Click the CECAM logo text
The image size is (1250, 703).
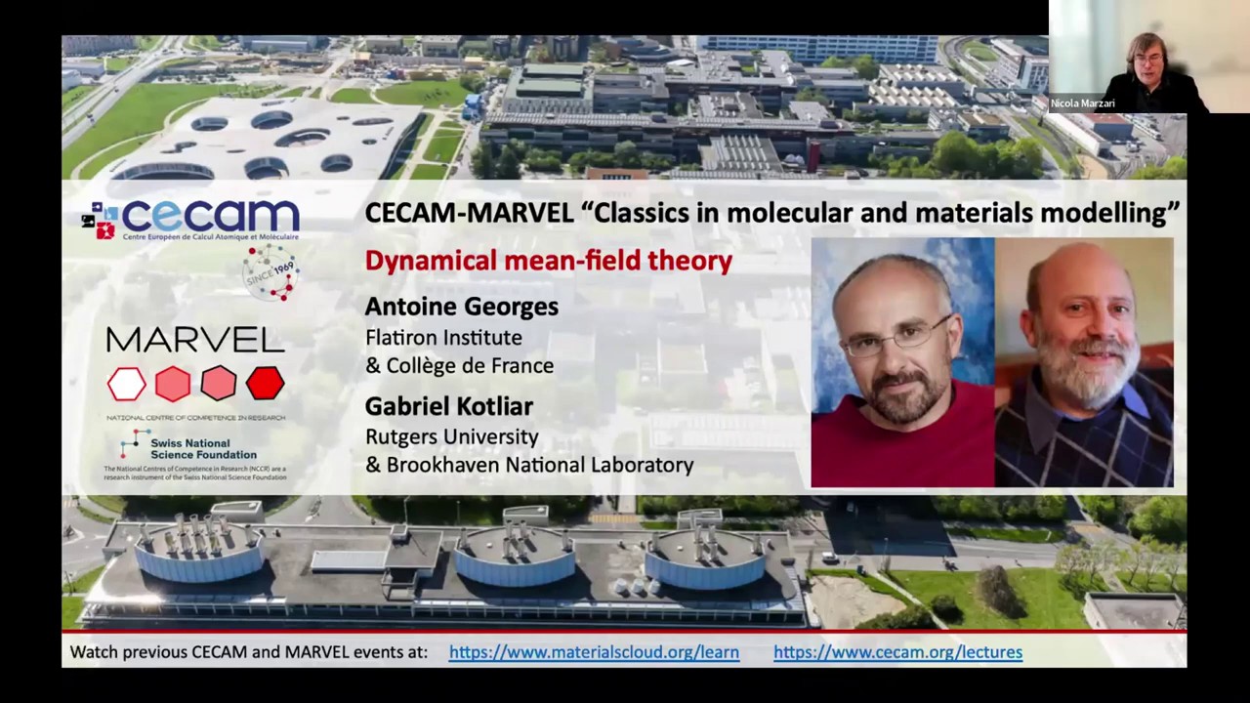pyautogui.click(x=210, y=217)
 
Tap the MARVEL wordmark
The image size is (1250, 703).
pyautogui.click(x=195, y=340)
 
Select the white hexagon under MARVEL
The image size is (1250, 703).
pyautogui.click(x=127, y=384)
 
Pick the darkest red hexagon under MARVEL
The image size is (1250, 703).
pyautogui.click(x=265, y=384)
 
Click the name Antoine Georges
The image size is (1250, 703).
pyautogui.click(x=461, y=307)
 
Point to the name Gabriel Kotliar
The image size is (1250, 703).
pyautogui.click(x=448, y=405)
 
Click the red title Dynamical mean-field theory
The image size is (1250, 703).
pyautogui.click(x=548, y=261)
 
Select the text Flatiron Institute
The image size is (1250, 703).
pyautogui.click(x=443, y=338)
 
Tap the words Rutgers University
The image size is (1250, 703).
pyautogui.click(x=452, y=436)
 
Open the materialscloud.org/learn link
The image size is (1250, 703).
pyautogui.click(x=594, y=652)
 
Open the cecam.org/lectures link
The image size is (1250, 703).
pyautogui.click(x=897, y=652)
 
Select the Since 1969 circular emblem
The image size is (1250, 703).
pyautogui.click(x=271, y=271)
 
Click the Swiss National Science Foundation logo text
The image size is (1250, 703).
pyautogui.click(x=203, y=448)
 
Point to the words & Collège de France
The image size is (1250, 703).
pyautogui.click(x=459, y=366)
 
